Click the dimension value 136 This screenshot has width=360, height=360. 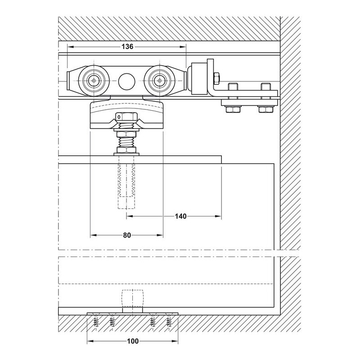tap(127, 47)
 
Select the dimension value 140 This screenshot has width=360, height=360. tap(181, 216)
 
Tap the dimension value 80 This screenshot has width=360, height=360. tap(127, 235)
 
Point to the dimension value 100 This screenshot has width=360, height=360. tap(133, 341)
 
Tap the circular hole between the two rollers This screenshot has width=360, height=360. tap(126, 81)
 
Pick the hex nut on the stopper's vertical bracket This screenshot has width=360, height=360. tap(217, 77)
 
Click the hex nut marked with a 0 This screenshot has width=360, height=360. tap(126, 117)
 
